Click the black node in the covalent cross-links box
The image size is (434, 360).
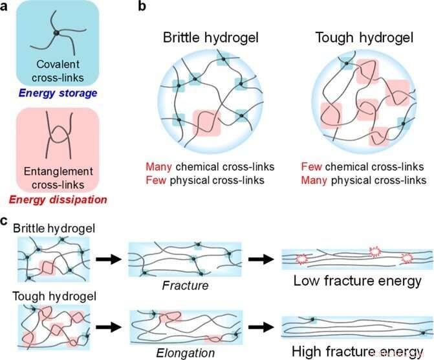[57, 32]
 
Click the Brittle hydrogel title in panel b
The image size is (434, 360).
[202, 37]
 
